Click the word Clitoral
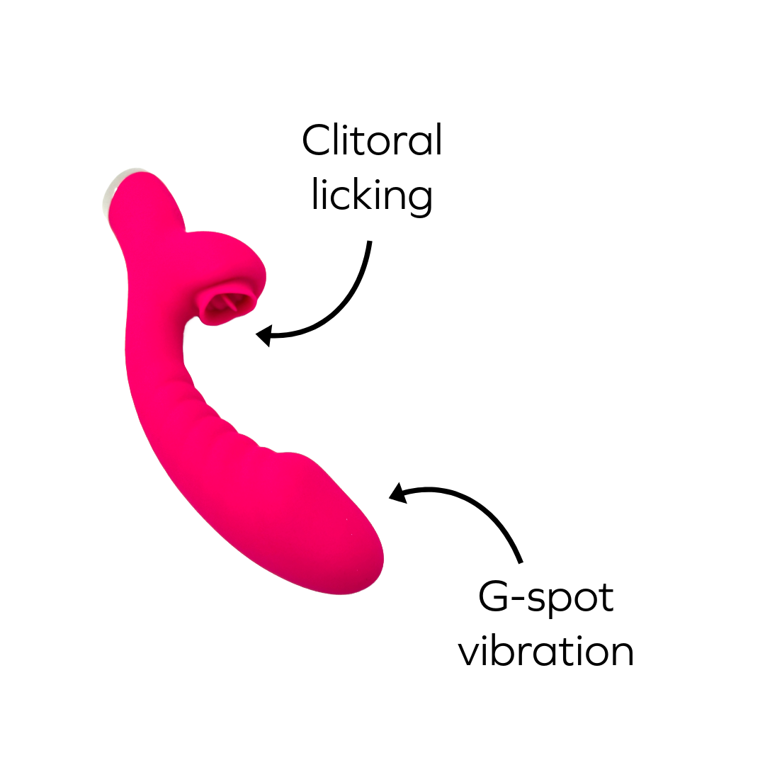pyautogui.click(x=372, y=140)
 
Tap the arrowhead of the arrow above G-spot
pyautogui.click(x=397, y=494)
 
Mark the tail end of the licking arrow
pyautogui.click(x=369, y=243)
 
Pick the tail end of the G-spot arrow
pyautogui.click(x=521, y=562)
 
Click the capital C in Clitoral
pyautogui.click(x=316, y=140)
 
